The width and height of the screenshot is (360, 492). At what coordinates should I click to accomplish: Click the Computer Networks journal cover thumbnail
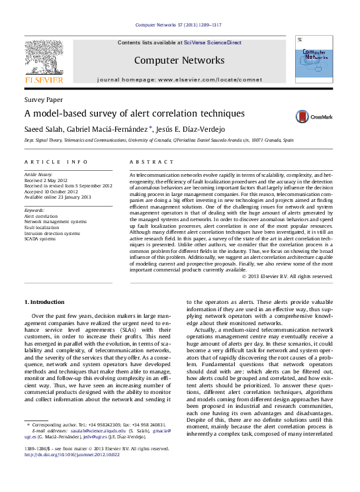[313, 60]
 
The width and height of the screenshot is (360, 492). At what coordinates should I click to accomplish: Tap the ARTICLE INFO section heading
[56, 162]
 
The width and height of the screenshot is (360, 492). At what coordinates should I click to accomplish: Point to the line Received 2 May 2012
[46, 180]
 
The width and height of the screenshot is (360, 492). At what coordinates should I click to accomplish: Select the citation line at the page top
[179, 25]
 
